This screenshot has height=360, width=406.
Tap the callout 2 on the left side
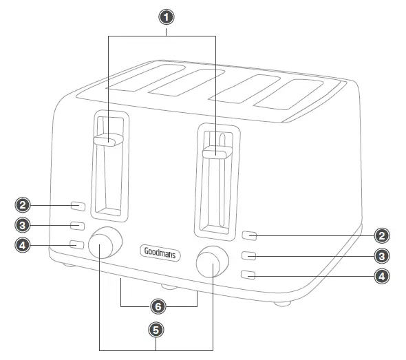click(x=23, y=205)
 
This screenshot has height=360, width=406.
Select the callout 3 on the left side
click(x=23, y=225)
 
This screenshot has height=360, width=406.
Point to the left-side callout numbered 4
click(x=23, y=244)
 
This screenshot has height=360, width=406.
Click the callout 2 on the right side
click(x=383, y=235)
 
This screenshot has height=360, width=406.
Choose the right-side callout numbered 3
click(x=383, y=256)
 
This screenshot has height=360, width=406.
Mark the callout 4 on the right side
click(x=383, y=276)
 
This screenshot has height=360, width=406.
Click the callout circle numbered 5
click(x=156, y=330)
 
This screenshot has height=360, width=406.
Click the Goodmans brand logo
click(x=160, y=253)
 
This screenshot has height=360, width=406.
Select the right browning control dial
click(x=212, y=262)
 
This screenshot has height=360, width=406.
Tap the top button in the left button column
click(x=78, y=206)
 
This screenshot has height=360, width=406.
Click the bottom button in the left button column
click(x=78, y=244)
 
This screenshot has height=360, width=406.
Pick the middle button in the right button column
click(x=250, y=256)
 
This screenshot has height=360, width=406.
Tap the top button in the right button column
click(x=250, y=235)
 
